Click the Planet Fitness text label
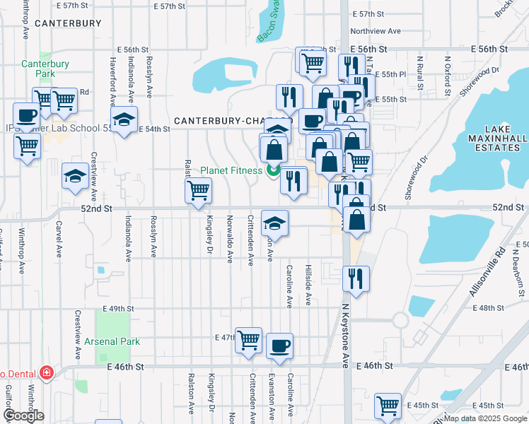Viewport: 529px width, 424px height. coord(231,170)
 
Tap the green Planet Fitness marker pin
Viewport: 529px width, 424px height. coord(273,170)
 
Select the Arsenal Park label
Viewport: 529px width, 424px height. coord(112,341)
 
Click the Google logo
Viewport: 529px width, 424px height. coord(23,416)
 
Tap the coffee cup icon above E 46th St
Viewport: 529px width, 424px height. coord(279,346)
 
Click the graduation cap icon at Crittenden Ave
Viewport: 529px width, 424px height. coord(274,223)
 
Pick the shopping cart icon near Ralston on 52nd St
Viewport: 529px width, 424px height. coord(199,190)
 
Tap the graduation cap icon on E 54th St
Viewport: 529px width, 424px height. coord(124,120)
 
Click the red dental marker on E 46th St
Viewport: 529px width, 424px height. coord(47,372)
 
